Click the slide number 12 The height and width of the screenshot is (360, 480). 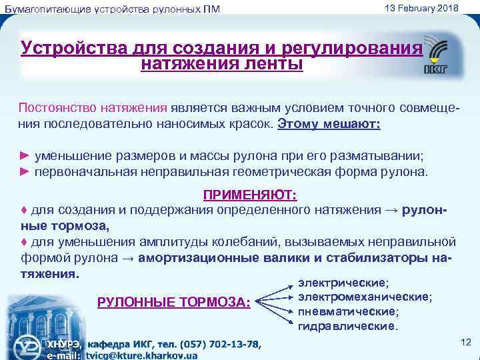(x=466, y=341)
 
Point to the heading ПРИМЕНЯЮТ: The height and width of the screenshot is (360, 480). (x=250, y=194)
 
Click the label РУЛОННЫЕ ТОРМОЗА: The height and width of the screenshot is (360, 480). (x=174, y=302)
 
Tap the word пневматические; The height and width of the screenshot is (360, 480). (x=347, y=311)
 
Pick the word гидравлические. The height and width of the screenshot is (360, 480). (x=347, y=326)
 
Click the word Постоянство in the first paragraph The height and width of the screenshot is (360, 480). (x=58, y=108)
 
